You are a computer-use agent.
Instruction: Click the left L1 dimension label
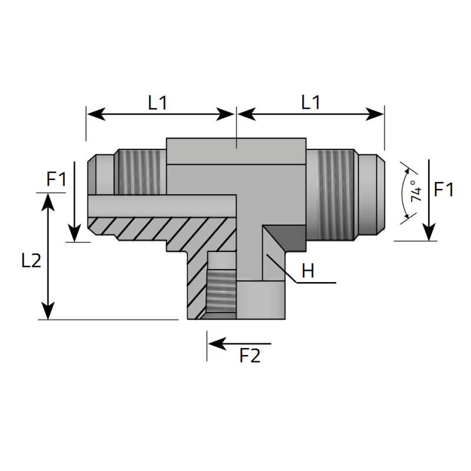[157, 102]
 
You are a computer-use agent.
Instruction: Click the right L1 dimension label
[310, 102]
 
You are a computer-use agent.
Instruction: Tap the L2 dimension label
[31, 260]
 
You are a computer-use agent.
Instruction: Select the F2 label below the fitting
[250, 356]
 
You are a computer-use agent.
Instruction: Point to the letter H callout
[307, 271]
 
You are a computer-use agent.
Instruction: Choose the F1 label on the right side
[443, 190]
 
